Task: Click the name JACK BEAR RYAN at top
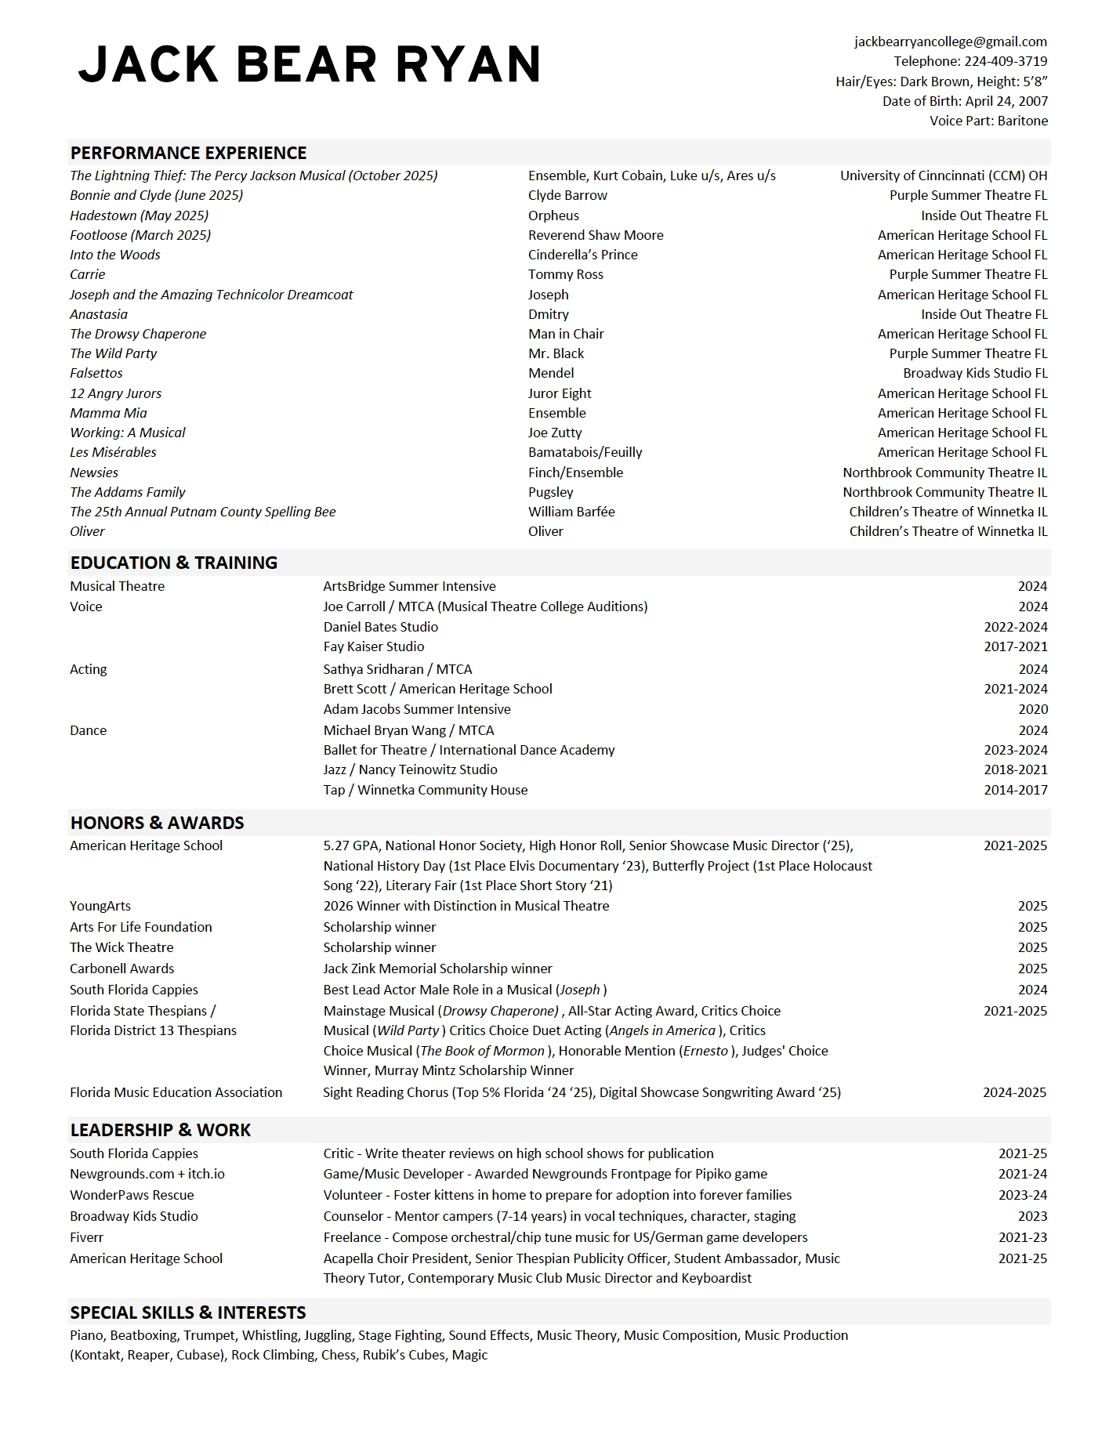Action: coord(310,64)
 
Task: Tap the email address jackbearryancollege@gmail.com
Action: coord(950,42)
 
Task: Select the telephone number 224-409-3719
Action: coord(1005,61)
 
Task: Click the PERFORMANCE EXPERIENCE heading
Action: coord(188,153)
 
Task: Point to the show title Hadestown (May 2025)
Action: coord(139,215)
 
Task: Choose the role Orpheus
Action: coord(553,215)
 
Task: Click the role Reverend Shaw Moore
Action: coord(596,235)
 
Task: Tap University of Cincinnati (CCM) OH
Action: coord(943,176)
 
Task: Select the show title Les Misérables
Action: coord(113,452)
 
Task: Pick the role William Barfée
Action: coord(571,512)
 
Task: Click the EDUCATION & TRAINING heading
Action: coord(173,563)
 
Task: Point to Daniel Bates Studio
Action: coord(380,627)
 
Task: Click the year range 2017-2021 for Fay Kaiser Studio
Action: coord(1015,646)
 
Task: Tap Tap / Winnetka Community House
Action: coord(425,790)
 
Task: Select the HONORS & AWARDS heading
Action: coord(157,823)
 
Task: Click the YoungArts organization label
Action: coord(100,906)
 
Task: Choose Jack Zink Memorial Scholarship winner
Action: coord(437,969)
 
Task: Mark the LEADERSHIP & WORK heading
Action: coord(160,1130)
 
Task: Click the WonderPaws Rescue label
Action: coord(132,1195)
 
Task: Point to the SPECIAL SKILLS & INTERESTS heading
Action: coord(187,1312)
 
